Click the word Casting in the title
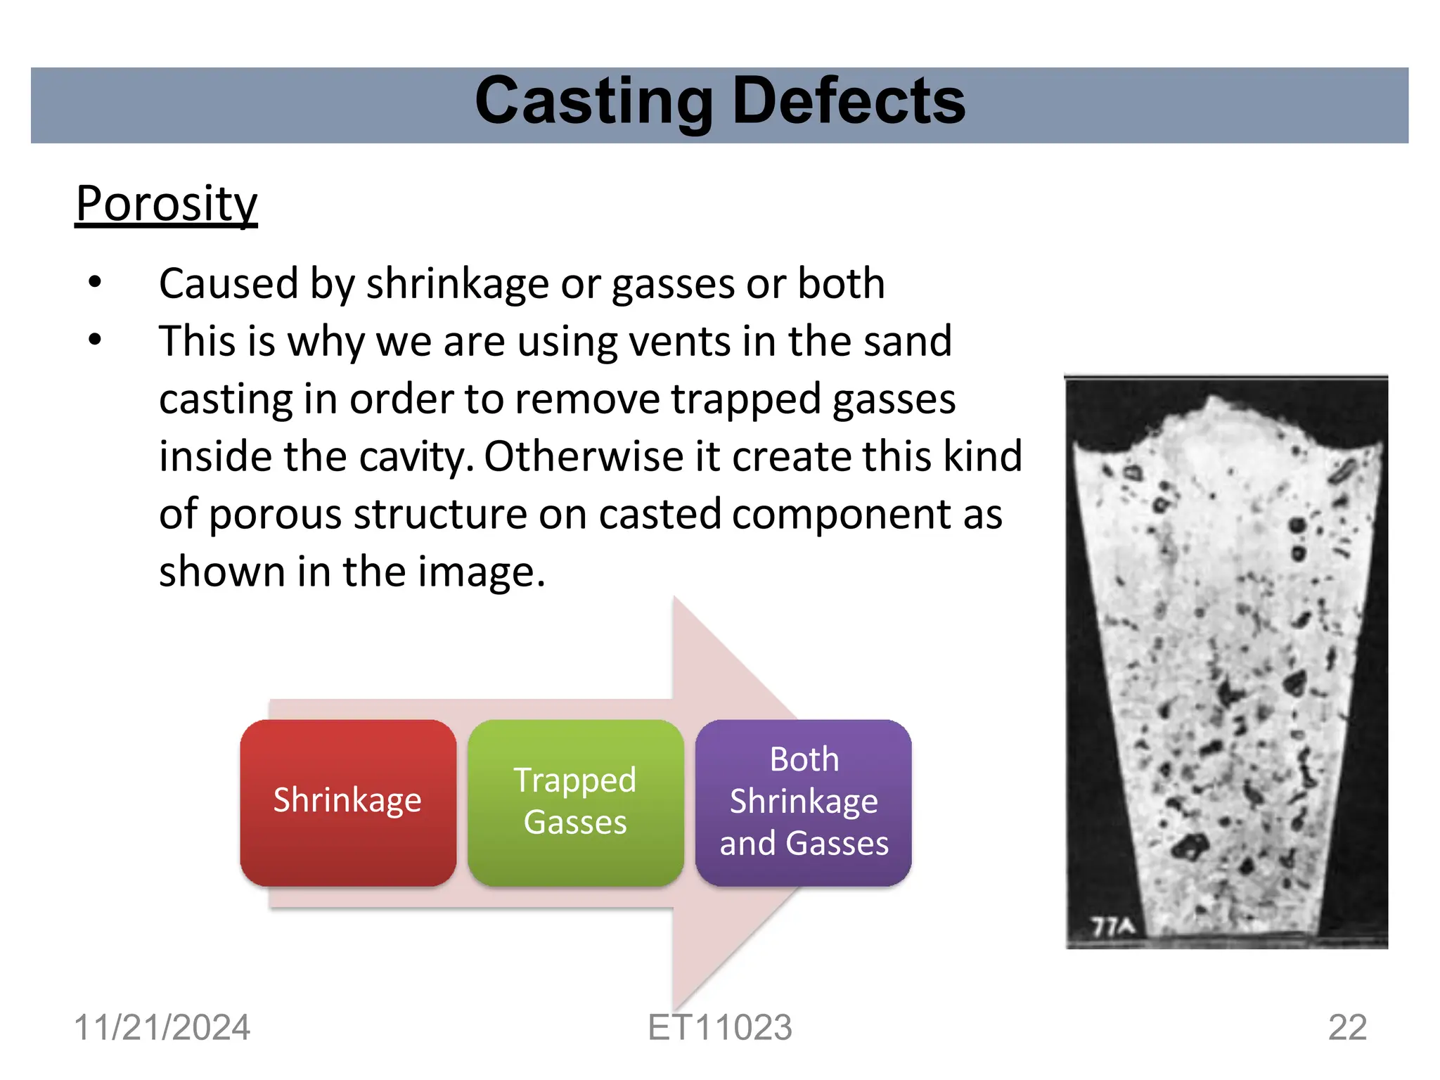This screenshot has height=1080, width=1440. (x=594, y=102)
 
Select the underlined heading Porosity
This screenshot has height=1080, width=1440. (x=167, y=204)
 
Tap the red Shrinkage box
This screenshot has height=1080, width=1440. (x=348, y=802)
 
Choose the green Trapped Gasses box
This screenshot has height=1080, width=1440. (x=575, y=802)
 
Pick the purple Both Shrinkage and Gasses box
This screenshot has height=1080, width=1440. (x=804, y=802)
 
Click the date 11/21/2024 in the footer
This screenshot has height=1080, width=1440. (x=162, y=1027)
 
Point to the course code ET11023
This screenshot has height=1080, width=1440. (x=719, y=1027)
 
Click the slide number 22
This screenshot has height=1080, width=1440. (x=1346, y=1027)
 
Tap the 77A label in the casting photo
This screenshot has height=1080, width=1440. (x=1112, y=927)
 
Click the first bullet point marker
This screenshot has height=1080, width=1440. (x=95, y=283)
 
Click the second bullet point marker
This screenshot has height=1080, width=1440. (x=95, y=340)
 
